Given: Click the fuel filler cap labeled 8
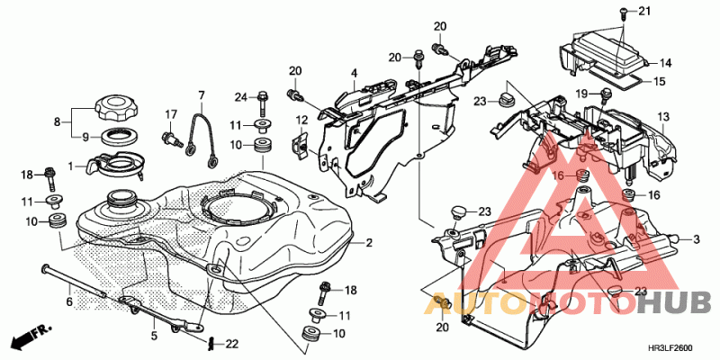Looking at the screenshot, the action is (114, 107).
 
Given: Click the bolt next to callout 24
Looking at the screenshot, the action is (263, 103).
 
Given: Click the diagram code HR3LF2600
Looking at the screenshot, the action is (674, 347).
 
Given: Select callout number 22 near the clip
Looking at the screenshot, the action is (232, 344).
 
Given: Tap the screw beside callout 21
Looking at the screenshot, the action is (623, 13).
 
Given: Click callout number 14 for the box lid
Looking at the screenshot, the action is (665, 63).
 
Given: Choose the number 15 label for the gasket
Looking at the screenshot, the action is (659, 82).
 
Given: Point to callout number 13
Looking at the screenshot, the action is (663, 117).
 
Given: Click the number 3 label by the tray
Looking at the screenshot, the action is (696, 238).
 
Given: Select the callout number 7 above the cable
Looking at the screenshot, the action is (201, 95).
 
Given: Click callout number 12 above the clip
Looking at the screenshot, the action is (301, 121).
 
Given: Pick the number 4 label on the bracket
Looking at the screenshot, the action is (354, 73).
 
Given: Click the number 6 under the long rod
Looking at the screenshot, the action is (69, 301).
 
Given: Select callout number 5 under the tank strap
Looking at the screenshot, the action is (154, 336).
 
